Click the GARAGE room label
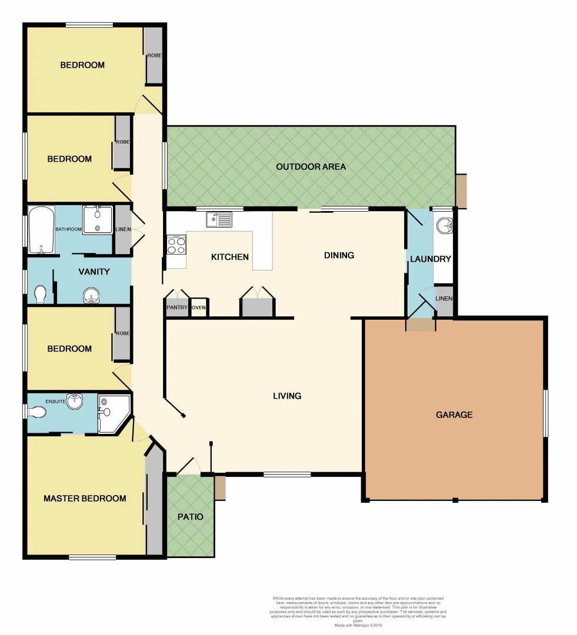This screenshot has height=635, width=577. click(x=453, y=415)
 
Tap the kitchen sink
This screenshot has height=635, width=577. click(x=219, y=220)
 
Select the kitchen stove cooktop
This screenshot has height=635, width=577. click(x=176, y=244)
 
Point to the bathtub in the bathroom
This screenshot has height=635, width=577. click(x=41, y=230)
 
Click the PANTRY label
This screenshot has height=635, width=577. click(x=176, y=308)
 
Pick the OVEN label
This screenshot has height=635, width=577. click(x=199, y=308)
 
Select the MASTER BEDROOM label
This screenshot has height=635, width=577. click(x=85, y=499)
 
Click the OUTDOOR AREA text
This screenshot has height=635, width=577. click(x=311, y=167)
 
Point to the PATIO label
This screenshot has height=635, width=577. click(x=190, y=517)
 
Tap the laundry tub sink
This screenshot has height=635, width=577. click(x=445, y=225)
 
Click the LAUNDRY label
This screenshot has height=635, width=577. click(x=431, y=259)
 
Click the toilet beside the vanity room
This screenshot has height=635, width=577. click(x=40, y=294)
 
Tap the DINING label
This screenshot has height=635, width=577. click(x=339, y=255)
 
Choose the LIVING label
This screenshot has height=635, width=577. click(x=287, y=396)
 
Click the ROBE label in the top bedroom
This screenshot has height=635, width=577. click(x=154, y=56)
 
